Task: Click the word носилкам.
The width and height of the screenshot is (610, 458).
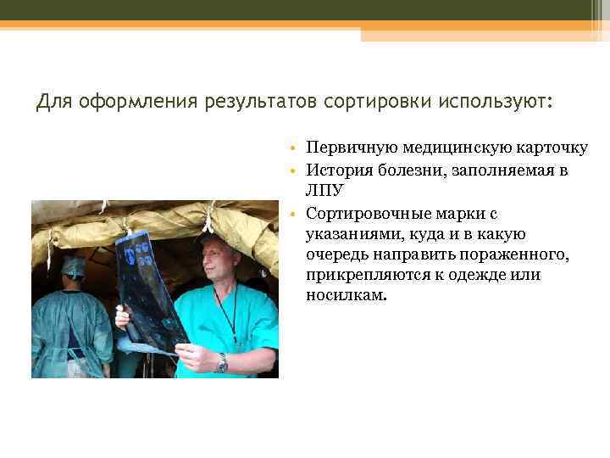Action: pyautogui.click(x=346, y=295)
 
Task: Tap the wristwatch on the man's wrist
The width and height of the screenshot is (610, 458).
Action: pyautogui.click(x=222, y=362)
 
